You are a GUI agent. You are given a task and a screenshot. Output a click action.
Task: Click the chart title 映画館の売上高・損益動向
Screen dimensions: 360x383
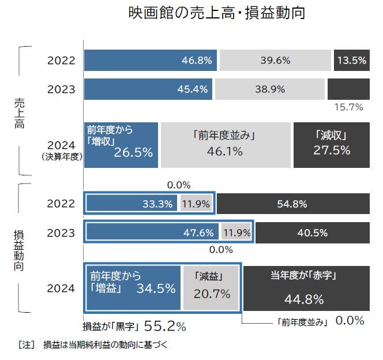[x=216, y=13]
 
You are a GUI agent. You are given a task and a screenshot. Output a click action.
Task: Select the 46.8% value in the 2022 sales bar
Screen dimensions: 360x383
[x=197, y=60]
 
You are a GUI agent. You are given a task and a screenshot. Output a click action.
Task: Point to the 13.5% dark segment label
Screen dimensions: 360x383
[x=351, y=60]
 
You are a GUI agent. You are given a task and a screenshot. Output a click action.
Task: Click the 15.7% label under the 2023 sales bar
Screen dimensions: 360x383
[x=348, y=107]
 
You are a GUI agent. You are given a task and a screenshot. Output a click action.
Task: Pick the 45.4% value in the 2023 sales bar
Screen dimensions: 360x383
[x=195, y=89]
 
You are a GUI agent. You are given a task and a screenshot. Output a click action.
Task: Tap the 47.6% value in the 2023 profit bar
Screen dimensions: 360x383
[x=198, y=233]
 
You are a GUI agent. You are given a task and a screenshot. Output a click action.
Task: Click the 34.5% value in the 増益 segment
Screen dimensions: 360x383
[x=156, y=288]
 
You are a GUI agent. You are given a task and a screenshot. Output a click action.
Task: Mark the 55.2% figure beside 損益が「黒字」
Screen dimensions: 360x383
[x=164, y=327]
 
